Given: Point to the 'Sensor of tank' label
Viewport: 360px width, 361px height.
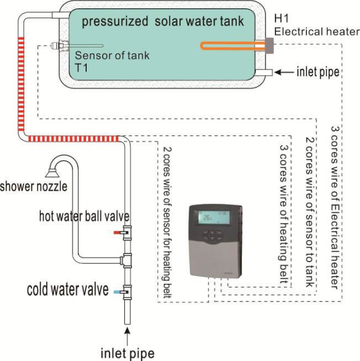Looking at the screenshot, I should pyautogui.click(x=112, y=56).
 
